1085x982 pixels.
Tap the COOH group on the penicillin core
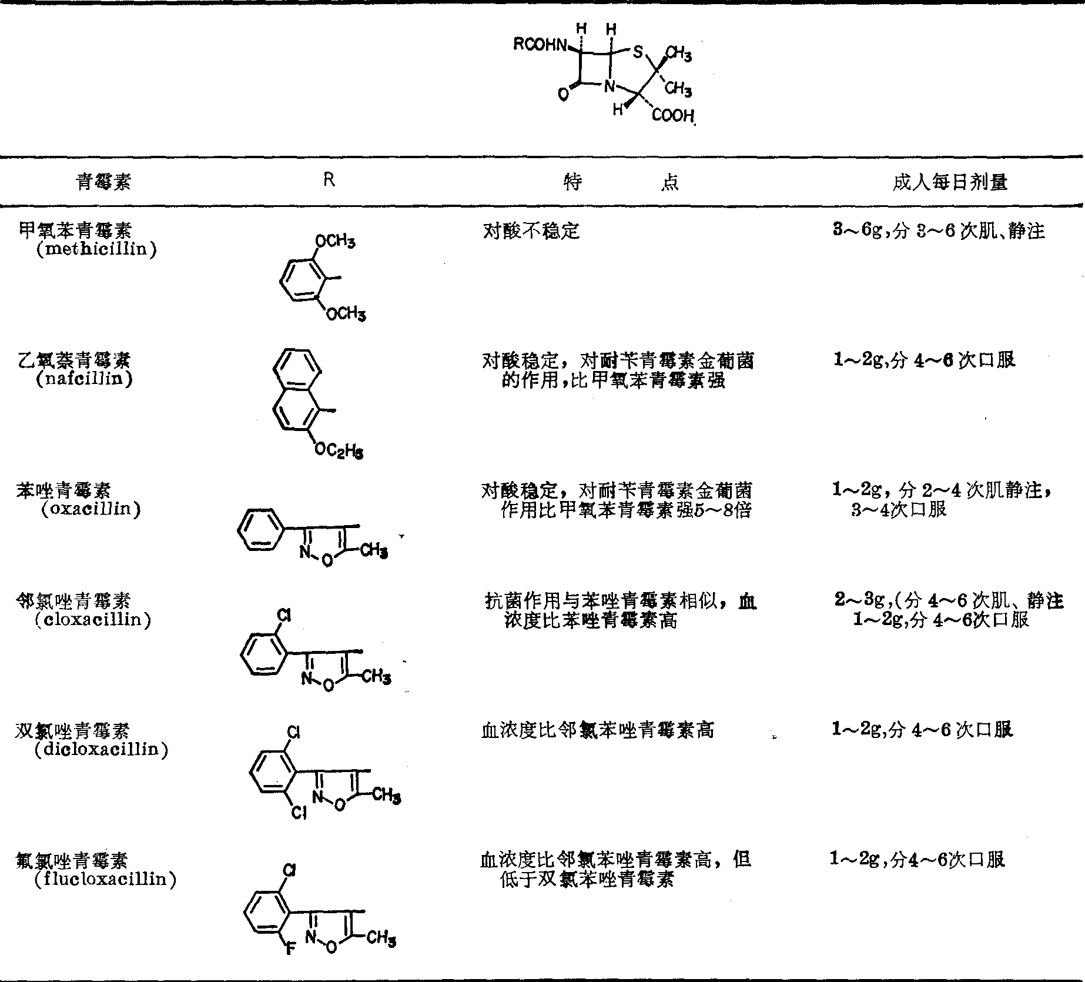[x=673, y=115]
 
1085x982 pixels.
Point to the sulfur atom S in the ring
[x=636, y=52]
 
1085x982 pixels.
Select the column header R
[x=329, y=179]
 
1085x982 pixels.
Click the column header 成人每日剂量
[x=950, y=182]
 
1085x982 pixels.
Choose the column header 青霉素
[x=103, y=182]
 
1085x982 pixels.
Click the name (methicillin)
[x=96, y=249]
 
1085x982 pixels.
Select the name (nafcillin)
[x=85, y=378]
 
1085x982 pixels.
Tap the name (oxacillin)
[x=91, y=508]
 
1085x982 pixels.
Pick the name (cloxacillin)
[x=93, y=620]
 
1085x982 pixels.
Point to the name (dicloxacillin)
[x=102, y=749]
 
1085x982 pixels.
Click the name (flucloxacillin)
[x=106, y=879]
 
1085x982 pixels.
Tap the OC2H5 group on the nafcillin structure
[x=339, y=450]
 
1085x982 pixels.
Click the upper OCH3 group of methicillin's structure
[x=335, y=241]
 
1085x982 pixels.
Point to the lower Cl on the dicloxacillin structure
[x=299, y=813]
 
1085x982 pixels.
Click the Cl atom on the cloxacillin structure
[x=284, y=616]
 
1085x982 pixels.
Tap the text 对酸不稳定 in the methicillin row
[x=531, y=231]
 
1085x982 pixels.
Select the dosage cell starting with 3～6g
[x=939, y=231]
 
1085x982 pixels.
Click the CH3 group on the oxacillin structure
[x=374, y=551]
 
